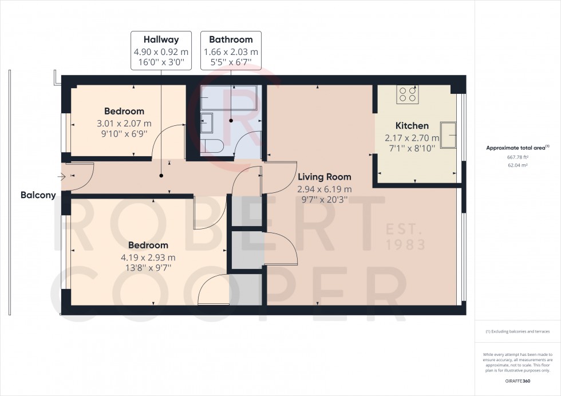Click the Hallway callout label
(x=161, y=40)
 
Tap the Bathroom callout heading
(x=231, y=40)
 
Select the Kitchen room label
(x=412, y=126)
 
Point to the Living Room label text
(x=324, y=177)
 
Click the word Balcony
(x=38, y=195)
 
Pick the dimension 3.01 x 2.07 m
(x=124, y=123)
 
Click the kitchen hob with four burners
(x=408, y=94)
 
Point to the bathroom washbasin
(x=207, y=123)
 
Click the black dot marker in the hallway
(x=161, y=176)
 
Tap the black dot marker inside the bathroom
(x=231, y=121)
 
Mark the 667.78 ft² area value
(x=517, y=156)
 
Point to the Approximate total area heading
(x=517, y=147)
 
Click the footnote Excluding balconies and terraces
(x=517, y=332)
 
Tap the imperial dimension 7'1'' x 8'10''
(x=412, y=148)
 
